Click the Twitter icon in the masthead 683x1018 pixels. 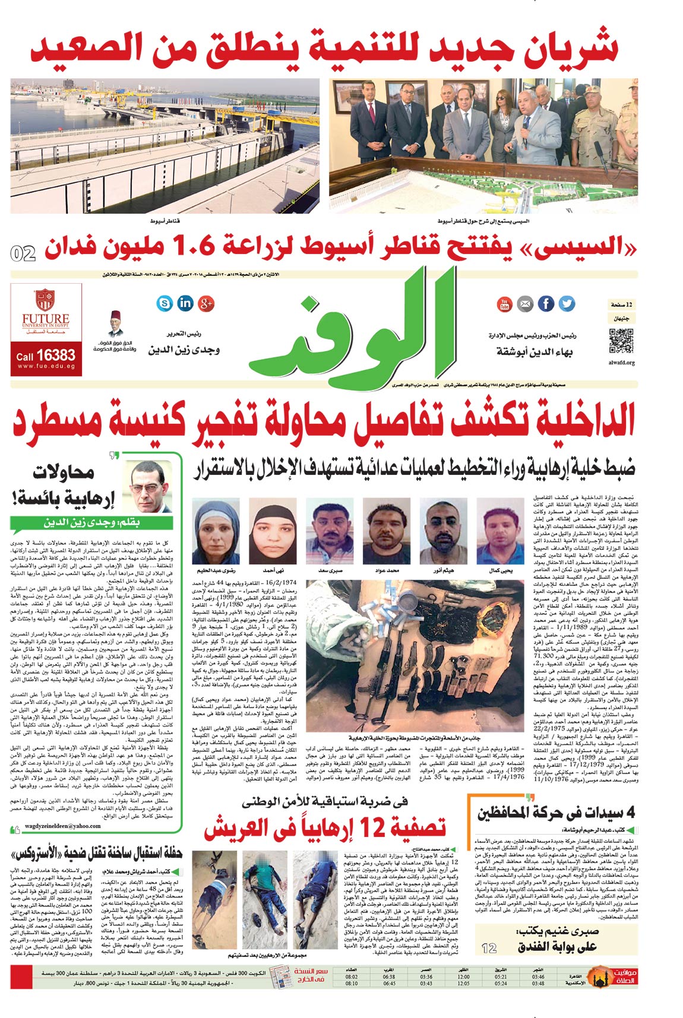[567, 304]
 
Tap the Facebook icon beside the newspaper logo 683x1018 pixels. [546, 304]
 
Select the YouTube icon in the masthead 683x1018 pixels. [504, 304]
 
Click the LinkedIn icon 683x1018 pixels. [185, 303]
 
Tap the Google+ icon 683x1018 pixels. [206, 303]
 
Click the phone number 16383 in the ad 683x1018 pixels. [55, 355]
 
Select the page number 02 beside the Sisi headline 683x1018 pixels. [23, 253]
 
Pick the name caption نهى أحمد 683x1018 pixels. [273, 570]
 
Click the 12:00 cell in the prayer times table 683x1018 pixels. [463, 976]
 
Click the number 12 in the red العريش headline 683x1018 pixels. [375, 827]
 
